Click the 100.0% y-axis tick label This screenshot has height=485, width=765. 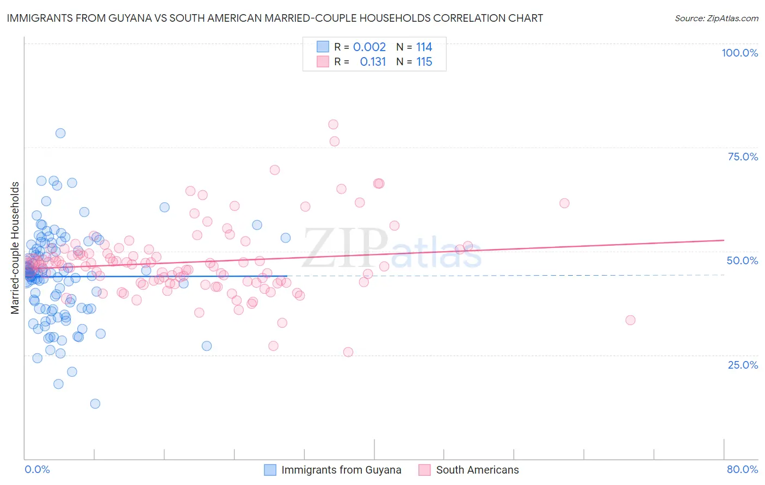[x=739, y=53]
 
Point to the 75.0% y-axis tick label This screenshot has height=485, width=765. [x=743, y=157]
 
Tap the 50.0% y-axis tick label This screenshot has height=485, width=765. [x=742, y=260]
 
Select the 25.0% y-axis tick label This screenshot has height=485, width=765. [x=743, y=364]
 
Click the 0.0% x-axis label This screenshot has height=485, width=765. [x=37, y=469]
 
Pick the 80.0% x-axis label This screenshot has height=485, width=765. [x=742, y=469]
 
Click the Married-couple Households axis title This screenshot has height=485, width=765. [x=15, y=248]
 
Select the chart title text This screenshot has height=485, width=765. [x=275, y=18]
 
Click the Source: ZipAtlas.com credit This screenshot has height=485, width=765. [x=716, y=18]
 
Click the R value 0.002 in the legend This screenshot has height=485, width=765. [x=369, y=47]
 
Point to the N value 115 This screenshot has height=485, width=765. [x=424, y=61]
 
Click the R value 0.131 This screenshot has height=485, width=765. [x=373, y=61]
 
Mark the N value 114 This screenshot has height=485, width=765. [x=424, y=47]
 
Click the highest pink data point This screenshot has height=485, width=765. [x=333, y=125]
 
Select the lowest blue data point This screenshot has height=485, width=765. [x=95, y=403]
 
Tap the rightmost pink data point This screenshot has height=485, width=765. [x=630, y=320]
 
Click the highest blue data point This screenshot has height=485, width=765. [x=60, y=133]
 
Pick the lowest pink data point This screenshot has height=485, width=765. [x=348, y=352]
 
